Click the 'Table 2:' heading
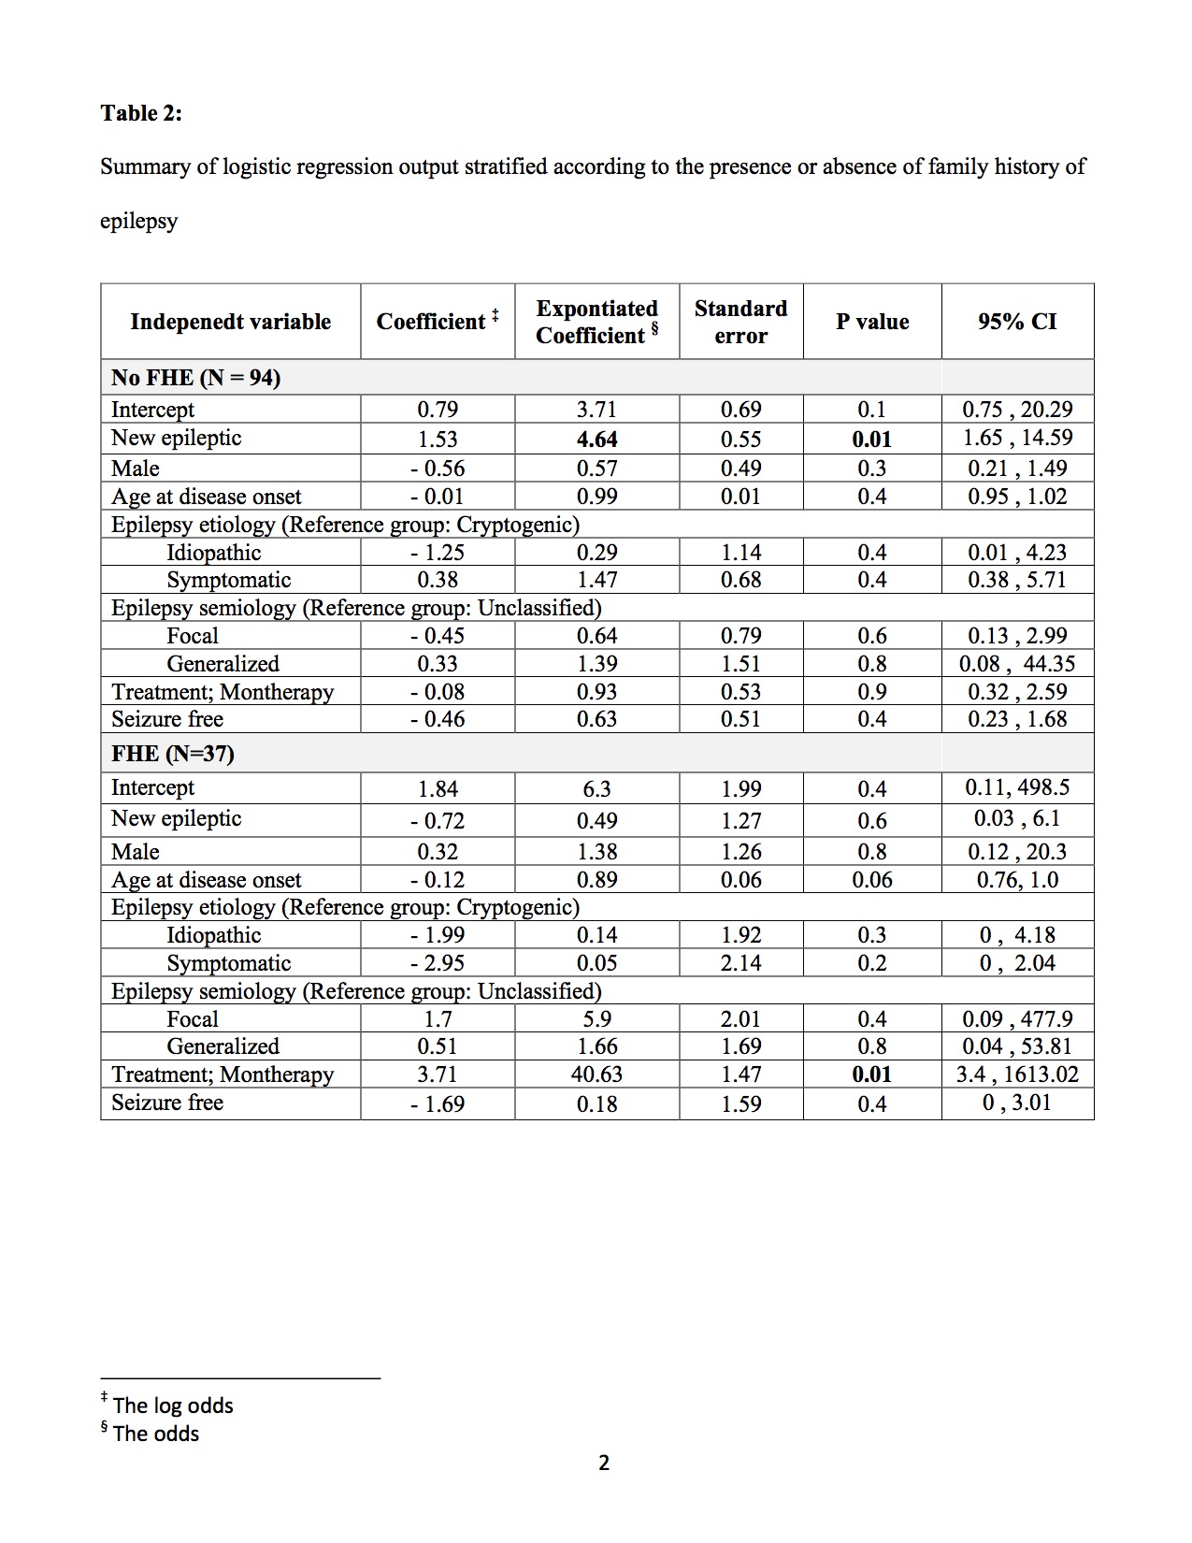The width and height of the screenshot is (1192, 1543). [141, 113]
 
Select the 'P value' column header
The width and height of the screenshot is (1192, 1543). [871, 322]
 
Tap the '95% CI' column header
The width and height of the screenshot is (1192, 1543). [1017, 322]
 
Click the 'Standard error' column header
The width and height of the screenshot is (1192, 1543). [740, 322]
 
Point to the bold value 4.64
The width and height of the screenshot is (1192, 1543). [596, 439]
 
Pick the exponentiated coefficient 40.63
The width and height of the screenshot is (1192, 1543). [596, 1074]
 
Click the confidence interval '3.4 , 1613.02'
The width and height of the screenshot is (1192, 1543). [1017, 1074]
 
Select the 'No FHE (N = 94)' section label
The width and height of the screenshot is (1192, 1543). [195, 377]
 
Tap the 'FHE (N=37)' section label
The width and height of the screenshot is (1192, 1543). [173, 754]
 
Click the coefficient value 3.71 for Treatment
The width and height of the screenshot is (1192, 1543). [438, 1074]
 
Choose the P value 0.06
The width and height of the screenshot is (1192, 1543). [871, 880]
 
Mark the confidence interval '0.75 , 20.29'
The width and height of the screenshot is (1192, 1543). [1017, 410]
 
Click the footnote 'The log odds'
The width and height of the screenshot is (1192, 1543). [173, 1406]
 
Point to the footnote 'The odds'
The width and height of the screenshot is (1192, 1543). [156, 1434]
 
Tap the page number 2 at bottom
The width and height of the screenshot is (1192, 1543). [603, 1463]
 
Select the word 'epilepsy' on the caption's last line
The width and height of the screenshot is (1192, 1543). [138, 222]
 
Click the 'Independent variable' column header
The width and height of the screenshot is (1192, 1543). [230, 322]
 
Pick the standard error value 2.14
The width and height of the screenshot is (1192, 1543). [740, 963]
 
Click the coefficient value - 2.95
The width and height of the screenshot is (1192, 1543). [438, 963]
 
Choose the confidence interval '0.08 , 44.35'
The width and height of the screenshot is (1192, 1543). [1017, 664]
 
